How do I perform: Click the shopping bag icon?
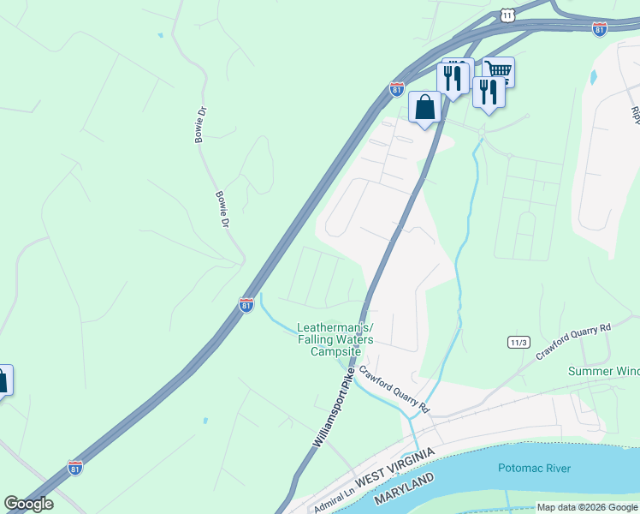pyautogui.click(x=424, y=108)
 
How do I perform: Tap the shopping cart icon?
pyautogui.click(x=498, y=71)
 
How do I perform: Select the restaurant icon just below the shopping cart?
pyautogui.click(x=488, y=92)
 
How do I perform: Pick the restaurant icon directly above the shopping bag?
pyautogui.click(x=453, y=78)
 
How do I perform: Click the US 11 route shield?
pyautogui.click(x=508, y=15)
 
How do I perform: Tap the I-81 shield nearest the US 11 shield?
pyautogui.click(x=600, y=30)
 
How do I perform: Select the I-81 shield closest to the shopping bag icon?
pyautogui.click(x=396, y=89)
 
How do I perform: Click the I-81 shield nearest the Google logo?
pyautogui.click(x=75, y=468)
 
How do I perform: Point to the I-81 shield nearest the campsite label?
pyautogui.click(x=246, y=305)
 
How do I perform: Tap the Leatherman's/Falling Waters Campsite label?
pyautogui.click(x=335, y=339)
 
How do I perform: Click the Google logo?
pyautogui.click(x=28, y=505)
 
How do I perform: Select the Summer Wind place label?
pyautogui.click(x=604, y=371)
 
